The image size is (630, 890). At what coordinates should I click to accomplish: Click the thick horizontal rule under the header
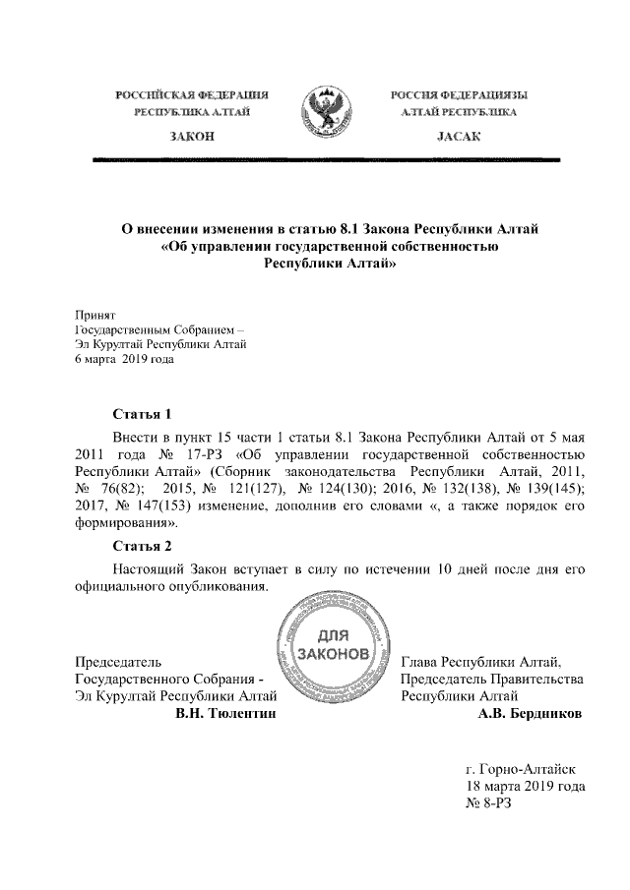tap(325, 158)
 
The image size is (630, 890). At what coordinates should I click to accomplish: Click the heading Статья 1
tap(143, 413)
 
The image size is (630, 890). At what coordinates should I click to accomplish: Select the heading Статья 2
tap(143, 547)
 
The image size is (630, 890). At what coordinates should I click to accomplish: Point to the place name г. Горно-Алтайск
tap(527, 768)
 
